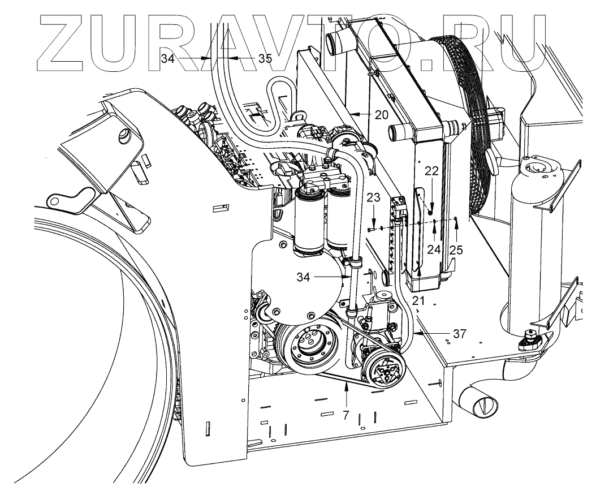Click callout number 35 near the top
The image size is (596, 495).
coord(265,58)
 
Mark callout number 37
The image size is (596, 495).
coord(459,334)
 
